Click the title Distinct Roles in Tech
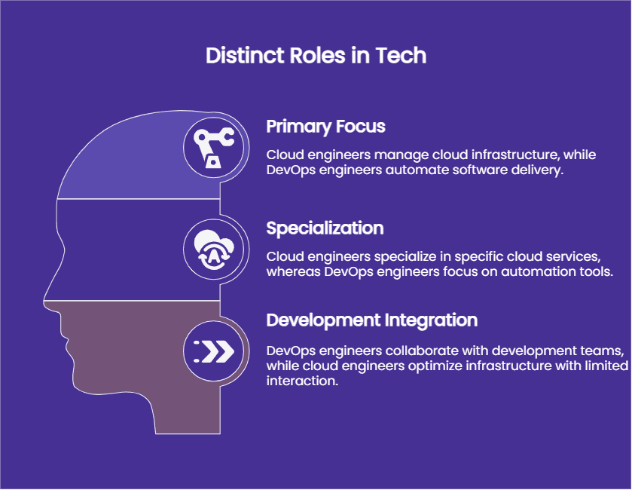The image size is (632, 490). (x=316, y=55)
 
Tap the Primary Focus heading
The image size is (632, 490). (x=325, y=127)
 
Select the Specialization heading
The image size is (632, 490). (x=325, y=228)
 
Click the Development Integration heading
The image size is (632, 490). (x=371, y=320)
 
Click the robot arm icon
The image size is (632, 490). (x=214, y=148)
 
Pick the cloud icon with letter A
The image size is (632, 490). (x=214, y=250)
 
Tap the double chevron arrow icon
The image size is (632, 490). (x=214, y=351)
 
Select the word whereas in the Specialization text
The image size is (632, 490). (x=294, y=271)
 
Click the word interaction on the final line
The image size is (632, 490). (x=302, y=381)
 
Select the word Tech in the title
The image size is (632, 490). (x=401, y=55)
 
